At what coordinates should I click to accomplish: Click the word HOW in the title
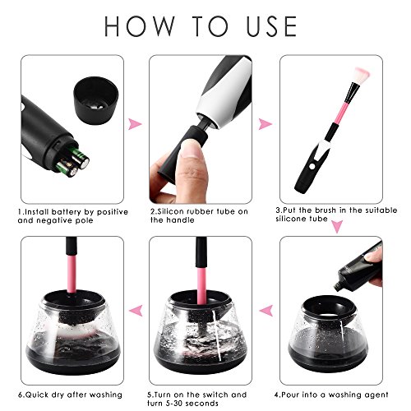coord(140,26)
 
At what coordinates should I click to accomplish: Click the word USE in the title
coord(272,26)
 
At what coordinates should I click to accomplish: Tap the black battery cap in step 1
coord(95,100)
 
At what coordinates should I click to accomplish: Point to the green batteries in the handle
coord(73,162)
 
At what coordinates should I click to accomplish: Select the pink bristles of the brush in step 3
coord(362,75)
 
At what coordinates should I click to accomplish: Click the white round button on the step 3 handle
coord(312,166)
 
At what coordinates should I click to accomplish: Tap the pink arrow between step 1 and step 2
coord(135,124)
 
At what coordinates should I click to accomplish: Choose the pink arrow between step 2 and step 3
coord(266,124)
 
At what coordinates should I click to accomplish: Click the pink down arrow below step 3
coord(337,226)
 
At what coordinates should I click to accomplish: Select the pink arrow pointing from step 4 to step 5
coord(266,311)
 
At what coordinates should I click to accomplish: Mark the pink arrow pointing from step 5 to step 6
coord(136,311)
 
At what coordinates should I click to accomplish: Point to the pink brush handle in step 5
coord(202,286)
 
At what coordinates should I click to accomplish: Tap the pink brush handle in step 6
coord(72,274)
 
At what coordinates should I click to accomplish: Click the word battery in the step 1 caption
coord(67,212)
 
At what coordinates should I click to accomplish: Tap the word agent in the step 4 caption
coord(377,395)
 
